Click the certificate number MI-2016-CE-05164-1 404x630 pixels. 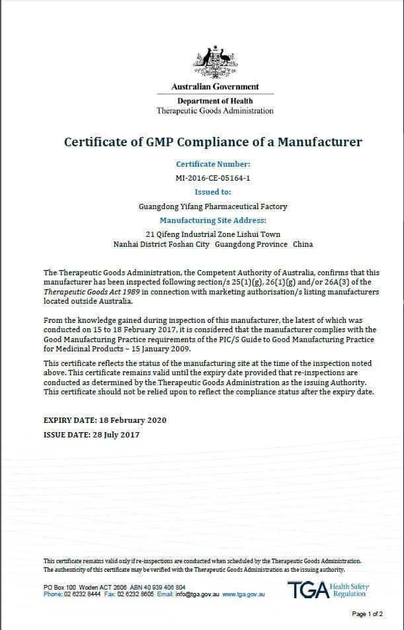[x=213, y=178]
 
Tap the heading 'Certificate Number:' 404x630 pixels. [x=213, y=164]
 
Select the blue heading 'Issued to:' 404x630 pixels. [x=213, y=192]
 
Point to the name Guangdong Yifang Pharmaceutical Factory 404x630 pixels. [x=213, y=206]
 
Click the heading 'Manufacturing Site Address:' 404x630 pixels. [x=213, y=220]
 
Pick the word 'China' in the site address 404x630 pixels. [x=303, y=244]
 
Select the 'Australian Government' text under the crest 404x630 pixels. [x=215, y=87]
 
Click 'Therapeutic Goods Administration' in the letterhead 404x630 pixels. [x=215, y=111]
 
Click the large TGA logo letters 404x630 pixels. [x=307, y=590]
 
